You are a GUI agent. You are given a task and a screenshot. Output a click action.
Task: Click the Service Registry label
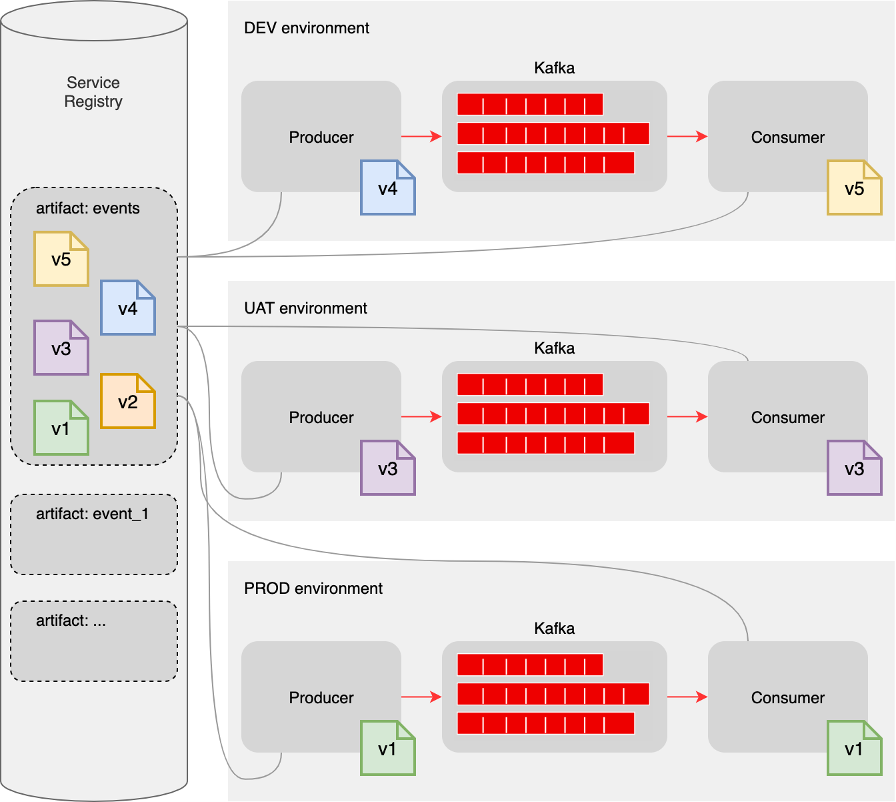[93, 92]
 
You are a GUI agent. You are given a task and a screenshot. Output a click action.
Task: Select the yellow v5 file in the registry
[61, 259]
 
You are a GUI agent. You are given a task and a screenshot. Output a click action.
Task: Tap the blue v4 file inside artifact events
[128, 308]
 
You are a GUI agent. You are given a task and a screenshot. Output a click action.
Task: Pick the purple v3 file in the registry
[61, 348]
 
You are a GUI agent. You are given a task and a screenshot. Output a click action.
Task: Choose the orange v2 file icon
[128, 401]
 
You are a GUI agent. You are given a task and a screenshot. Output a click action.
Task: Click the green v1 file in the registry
[61, 428]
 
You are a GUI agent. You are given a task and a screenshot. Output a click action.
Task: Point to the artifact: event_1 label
[92, 514]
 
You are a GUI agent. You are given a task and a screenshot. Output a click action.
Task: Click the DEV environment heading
[307, 28]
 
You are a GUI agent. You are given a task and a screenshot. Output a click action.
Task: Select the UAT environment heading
[305, 308]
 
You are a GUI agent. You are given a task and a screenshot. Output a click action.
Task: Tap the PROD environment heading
[313, 588]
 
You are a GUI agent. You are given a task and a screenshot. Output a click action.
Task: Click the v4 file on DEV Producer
[388, 187]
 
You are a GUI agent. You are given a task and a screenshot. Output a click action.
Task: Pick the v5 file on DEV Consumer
[855, 187]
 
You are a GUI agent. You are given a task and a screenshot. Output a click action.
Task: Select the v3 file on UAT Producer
[388, 468]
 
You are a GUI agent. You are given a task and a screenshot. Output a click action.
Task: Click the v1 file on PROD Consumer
[855, 748]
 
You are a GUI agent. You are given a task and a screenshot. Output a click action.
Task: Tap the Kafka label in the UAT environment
[554, 348]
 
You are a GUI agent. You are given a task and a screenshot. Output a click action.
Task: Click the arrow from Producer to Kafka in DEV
[421, 137]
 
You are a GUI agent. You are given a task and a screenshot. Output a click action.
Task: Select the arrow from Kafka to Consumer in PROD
[687, 697]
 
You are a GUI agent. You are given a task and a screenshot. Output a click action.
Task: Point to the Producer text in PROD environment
[321, 698]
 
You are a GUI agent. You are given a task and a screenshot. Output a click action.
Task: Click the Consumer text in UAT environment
[788, 418]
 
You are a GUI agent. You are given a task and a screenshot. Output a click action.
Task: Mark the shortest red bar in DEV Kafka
[530, 104]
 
